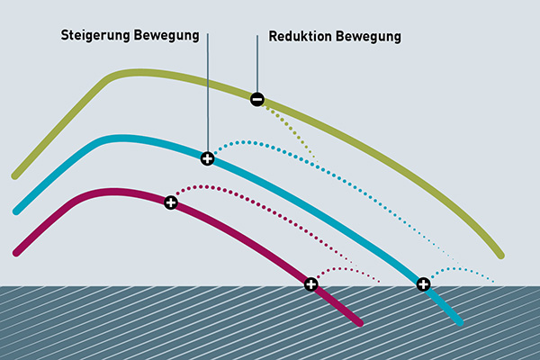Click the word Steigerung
point(95,35)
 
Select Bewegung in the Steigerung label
point(166,35)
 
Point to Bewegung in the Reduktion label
point(368,37)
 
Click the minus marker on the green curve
point(257,100)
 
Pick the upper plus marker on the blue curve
point(207,158)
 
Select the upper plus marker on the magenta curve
point(171,202)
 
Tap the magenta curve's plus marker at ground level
point(311,284)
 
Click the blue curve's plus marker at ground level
point(423,284)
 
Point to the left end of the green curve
point(14,176)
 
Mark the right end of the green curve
point(501,256)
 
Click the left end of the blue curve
point(16,211)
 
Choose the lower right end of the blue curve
point(460,322)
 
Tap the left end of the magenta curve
point(16,253)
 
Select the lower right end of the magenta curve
point(360,323)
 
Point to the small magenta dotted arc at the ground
point(345,269)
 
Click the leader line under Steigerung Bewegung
point(208,93)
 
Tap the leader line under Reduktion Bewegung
point(257,64)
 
